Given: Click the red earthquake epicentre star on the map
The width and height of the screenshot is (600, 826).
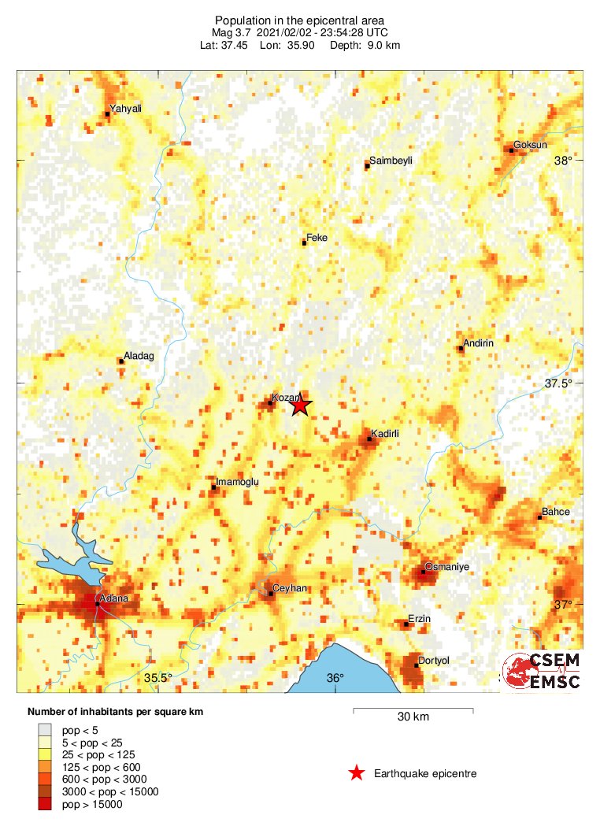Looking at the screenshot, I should point(299,406).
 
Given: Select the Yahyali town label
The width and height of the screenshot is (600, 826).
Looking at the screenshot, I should point(126,109).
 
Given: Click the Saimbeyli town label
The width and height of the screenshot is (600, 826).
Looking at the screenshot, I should point(391,161).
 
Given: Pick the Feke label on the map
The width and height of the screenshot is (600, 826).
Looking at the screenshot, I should point(317,238).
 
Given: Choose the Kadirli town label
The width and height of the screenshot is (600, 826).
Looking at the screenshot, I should point(386,434).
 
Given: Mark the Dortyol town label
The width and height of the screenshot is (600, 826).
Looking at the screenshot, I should point(432,661).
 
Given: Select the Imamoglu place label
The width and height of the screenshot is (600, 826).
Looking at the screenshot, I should point(237,481).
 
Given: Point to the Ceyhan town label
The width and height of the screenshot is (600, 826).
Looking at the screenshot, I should point(289,588).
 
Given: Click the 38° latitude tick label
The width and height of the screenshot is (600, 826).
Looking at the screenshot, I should point(563,161).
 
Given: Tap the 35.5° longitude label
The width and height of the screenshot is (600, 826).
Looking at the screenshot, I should point(157,678).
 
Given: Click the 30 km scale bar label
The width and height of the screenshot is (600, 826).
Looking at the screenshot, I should point(413,717).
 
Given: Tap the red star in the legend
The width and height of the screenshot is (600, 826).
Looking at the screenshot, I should point(357,773).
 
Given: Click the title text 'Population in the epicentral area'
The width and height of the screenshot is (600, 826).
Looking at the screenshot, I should point(300,19).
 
